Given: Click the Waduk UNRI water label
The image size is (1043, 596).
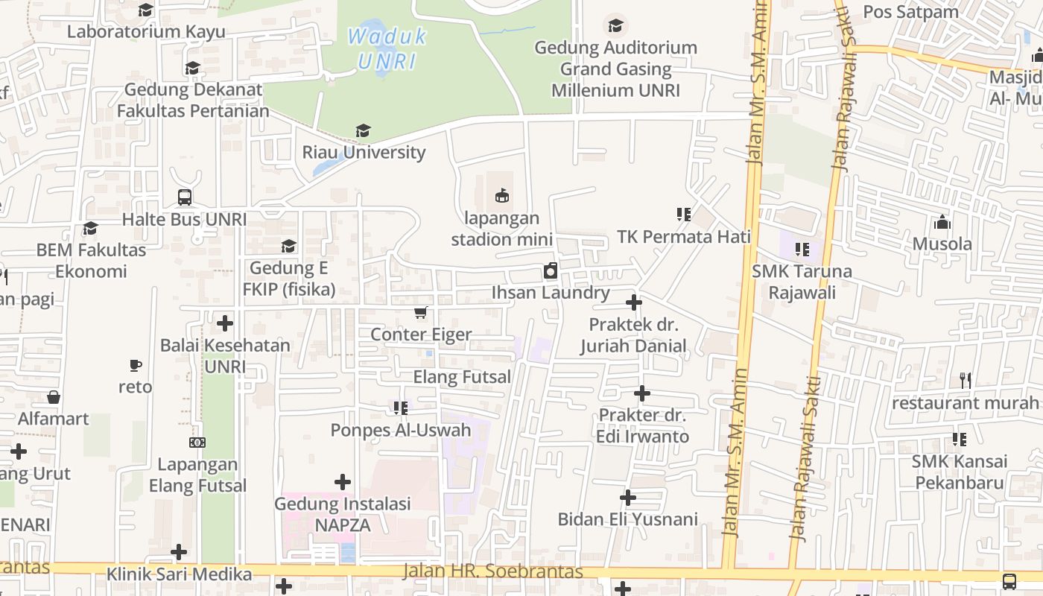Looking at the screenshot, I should [387, 48].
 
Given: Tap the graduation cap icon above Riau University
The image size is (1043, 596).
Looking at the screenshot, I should [363, 131].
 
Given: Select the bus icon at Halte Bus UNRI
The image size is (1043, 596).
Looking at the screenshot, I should [185, 197].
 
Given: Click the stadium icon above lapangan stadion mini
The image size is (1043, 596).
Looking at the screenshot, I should [502, 196].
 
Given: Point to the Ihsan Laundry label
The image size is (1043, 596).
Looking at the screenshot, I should [551, 293].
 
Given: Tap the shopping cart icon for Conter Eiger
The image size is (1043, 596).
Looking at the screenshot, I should [421, 313].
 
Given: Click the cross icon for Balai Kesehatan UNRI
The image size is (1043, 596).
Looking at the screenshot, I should [225, 323].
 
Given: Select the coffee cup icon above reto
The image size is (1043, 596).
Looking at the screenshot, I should [135, 365].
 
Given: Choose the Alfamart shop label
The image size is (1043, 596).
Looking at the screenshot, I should [54, 419].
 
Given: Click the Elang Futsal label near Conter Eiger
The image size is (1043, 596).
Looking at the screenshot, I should [462, 377].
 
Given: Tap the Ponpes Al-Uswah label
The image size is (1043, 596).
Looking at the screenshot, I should [401, 430].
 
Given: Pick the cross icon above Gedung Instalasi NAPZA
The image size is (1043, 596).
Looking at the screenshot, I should [343, 482].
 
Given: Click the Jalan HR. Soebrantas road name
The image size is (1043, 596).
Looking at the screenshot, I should [492, 571].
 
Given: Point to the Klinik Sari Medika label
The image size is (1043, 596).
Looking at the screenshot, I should [179, 574].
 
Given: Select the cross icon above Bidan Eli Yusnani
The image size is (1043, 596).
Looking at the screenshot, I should [628, 497].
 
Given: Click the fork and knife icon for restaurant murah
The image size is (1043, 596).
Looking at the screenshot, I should [966, 381].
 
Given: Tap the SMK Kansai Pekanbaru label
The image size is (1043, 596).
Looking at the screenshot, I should [960, 472].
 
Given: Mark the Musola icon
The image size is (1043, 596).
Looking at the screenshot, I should [942, 222].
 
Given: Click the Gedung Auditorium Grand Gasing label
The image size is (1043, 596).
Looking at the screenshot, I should [615, 69].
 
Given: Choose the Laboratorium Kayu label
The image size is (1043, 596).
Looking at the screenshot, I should [146, 31].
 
